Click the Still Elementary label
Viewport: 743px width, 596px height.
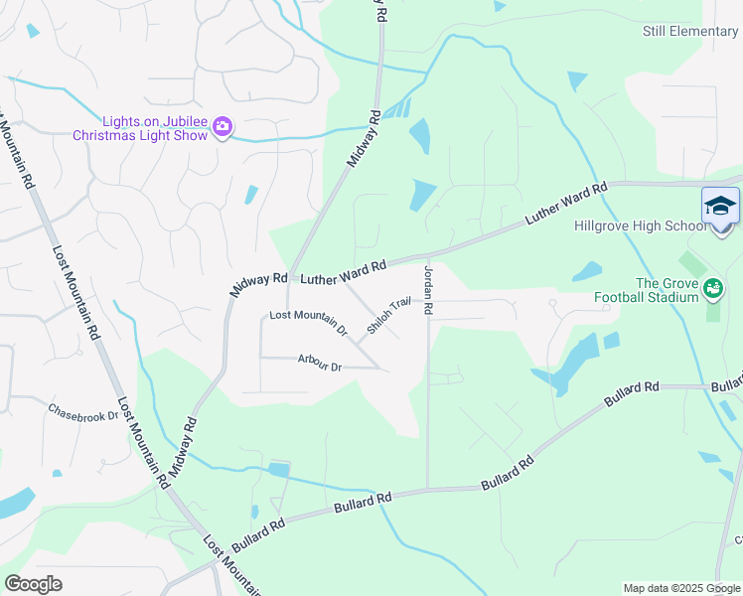click(690, 32)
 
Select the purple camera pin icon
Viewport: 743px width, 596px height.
click(223, 127)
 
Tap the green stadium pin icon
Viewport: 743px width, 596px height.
click(711, 289)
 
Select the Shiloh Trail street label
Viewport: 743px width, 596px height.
click(388, 315)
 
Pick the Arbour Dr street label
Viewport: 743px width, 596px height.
click(320, 367)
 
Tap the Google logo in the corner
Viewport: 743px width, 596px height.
click(33, 584)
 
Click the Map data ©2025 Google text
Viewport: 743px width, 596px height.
click(682, 588)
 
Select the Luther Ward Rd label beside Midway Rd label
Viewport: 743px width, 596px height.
click(343, 270)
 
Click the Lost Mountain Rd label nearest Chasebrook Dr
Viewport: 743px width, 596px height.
click(144, 443)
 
